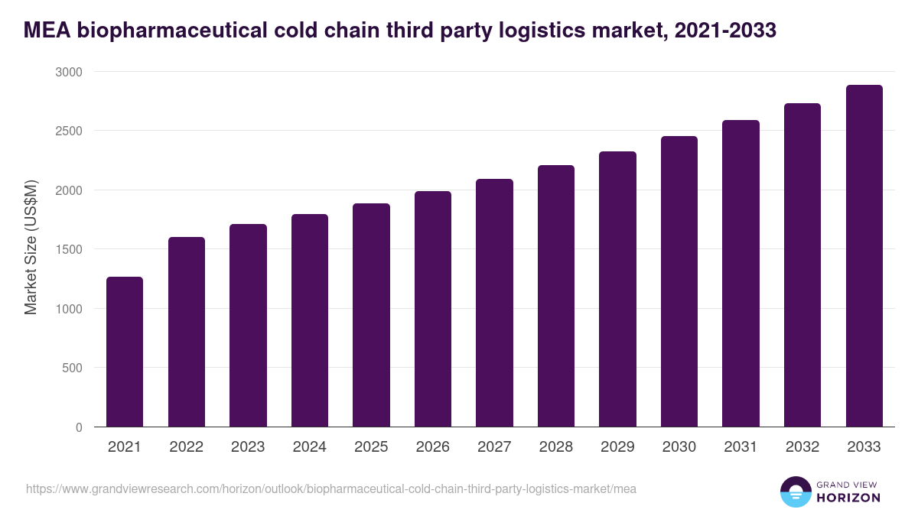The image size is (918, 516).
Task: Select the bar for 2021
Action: pyautogui.click(x=125, y=352)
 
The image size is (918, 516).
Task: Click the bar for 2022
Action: pyautogui.click(x=187, y=332)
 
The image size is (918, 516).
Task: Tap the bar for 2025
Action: pyautogui.click(x=371, y=315)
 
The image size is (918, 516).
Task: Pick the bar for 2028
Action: pyautogui.click(x=556, y=296)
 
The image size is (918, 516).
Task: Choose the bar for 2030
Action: pyautogui.click(x=679, y=281)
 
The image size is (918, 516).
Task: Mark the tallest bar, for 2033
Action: pyautogui.click(x=864, y=256)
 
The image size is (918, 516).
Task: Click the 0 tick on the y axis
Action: pyautogui.click(x=79, y=427)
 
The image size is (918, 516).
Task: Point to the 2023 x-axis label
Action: pyautogui.click(x=248, y=447)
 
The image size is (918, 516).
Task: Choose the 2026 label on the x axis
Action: pyautogui.click(x=433, y=447)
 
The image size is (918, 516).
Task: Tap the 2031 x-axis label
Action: pyautogui.click(x=741, y=447)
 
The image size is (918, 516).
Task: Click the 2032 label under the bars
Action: pyautogui.click(x=802, y=447)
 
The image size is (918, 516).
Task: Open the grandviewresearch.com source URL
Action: pyautogui.click(x=331, y=488)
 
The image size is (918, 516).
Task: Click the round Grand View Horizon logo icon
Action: pyautogui.click(x=795, y=492)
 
